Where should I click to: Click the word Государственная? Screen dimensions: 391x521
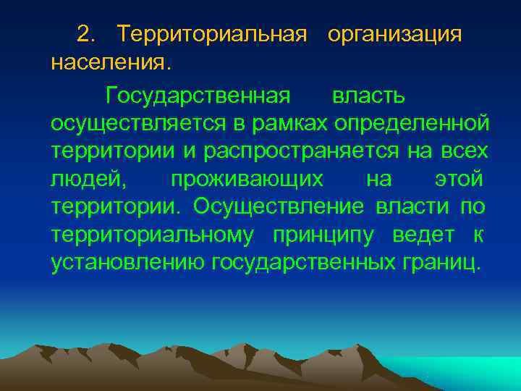(198, 96)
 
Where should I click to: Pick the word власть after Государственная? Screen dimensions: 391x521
(368, 96)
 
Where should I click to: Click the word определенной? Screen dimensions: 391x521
(412, 124)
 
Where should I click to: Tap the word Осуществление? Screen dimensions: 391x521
(281, 206)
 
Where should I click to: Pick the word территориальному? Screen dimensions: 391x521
(153, 235)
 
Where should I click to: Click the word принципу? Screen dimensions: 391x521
(328, 235)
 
